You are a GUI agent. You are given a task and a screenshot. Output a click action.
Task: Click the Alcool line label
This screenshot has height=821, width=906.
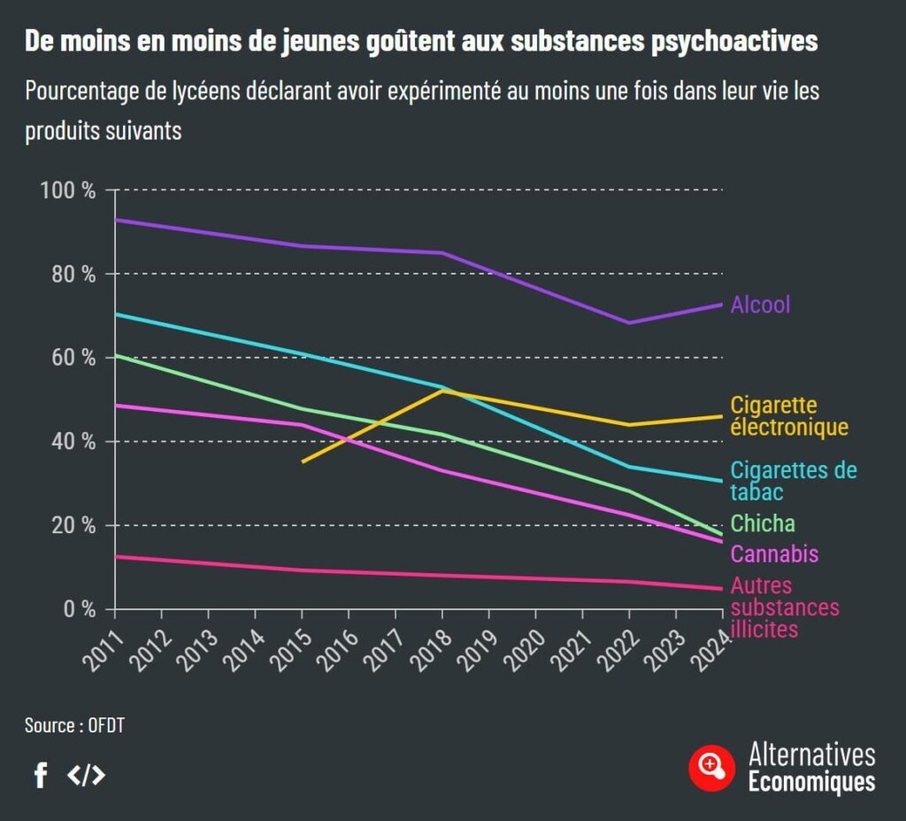(x=760, y=305)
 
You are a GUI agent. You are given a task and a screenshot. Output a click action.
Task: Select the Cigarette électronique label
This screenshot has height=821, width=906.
(x=788, y=416)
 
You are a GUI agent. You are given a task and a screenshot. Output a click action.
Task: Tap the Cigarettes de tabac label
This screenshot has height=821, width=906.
(x=793, y=481)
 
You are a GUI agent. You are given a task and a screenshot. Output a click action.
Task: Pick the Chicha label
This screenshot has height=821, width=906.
(x=762, y=523)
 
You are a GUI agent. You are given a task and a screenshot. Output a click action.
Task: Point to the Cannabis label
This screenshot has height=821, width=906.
(x=774, y=554)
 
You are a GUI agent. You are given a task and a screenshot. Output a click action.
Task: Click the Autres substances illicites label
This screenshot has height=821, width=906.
(x=784, y=608)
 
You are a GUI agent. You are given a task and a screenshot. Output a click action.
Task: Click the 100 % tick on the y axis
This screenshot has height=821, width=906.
(x=68, y=190)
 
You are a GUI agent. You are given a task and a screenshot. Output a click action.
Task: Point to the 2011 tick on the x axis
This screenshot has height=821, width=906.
(x=102, y=642)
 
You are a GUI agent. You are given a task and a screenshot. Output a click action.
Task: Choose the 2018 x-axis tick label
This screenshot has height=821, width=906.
(x=427, y=642)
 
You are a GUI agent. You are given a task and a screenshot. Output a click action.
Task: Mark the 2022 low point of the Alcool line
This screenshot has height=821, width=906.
(x=629, y=322)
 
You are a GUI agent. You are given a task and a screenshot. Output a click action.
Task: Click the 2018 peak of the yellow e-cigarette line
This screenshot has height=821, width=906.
(x=442, y=391)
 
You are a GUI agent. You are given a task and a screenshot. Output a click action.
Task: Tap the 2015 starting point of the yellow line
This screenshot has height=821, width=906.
(x=303, y=461)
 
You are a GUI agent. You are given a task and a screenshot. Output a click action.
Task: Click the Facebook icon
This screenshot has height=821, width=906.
(x=40, y=776)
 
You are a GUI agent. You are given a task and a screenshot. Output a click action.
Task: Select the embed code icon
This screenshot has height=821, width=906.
(x=87, y=776)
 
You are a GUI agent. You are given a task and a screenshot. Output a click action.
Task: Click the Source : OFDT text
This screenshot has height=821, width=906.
(x=74, y=725)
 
